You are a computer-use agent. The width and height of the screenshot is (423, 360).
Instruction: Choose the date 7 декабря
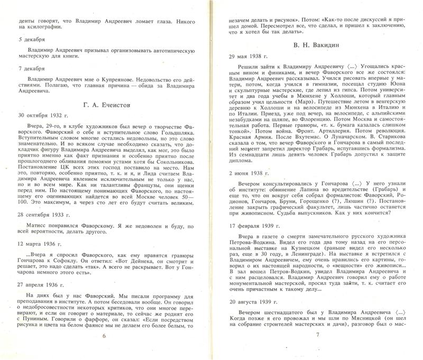click(32, 69)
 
